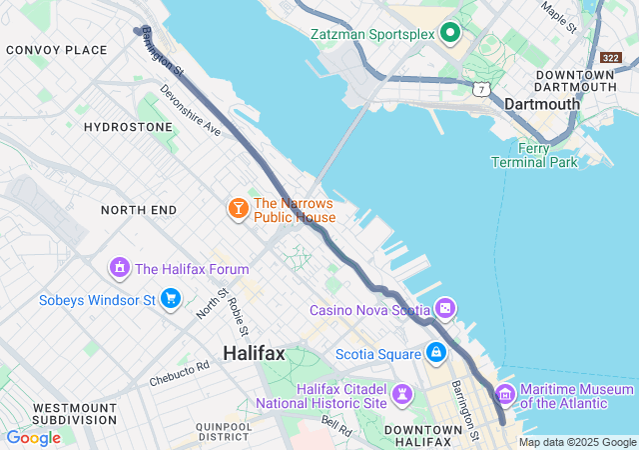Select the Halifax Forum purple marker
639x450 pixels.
[x=120, y=268]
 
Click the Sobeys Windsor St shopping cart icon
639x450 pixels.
[x=170, y=298]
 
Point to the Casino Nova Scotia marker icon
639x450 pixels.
[x=446, y=309]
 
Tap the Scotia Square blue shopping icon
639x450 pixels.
[x=436, y=352]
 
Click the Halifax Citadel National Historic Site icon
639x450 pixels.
[x=401, y=394]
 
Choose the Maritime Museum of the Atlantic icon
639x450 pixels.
[x=504, y=394]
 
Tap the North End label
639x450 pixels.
[x=139, y=210]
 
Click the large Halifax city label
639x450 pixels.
[x=254, y=354]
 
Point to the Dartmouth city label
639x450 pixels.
[x=542, y=104]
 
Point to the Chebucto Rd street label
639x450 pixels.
[x=180, y=373]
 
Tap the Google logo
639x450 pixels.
[x=33, y=438]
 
